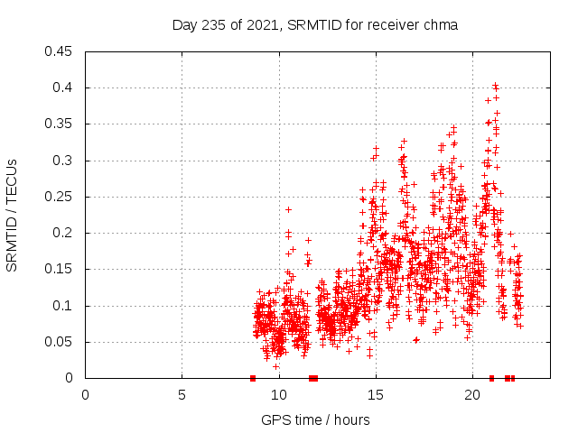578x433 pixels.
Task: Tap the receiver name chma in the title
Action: [x=440, y=25]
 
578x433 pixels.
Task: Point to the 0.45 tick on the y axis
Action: [x=60, y=51]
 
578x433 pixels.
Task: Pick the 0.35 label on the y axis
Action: [x=60, y=124]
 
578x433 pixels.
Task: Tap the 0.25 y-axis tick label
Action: [x=60, y=197]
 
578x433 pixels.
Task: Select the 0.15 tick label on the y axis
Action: [x=60, y=269]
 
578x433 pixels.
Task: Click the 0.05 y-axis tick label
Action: [x=60, y=342]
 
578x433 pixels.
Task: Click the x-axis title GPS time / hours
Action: [x=316, y=419]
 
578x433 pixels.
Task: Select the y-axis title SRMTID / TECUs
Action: [x=13, y=215]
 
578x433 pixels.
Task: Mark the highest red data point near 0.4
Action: [x=495, y=86]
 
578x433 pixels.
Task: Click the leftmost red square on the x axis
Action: [x=253, y=378]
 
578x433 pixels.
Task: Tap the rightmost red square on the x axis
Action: [x=512, y=378]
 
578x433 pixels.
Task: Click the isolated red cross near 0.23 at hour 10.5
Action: [x=288, y=209]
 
